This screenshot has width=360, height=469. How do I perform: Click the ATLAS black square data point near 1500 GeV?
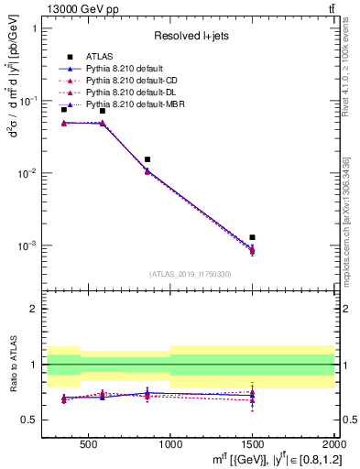click(252, 237)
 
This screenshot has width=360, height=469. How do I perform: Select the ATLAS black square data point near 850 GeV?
click(147, 159)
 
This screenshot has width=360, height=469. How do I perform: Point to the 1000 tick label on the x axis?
click(170, 444)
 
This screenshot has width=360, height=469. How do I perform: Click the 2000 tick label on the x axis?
click(333, 444)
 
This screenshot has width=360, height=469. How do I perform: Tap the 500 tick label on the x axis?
click(89, 444)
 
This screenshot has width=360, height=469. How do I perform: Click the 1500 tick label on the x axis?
click(252, 444)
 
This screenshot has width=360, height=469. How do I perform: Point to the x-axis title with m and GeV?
click(266, 457)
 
